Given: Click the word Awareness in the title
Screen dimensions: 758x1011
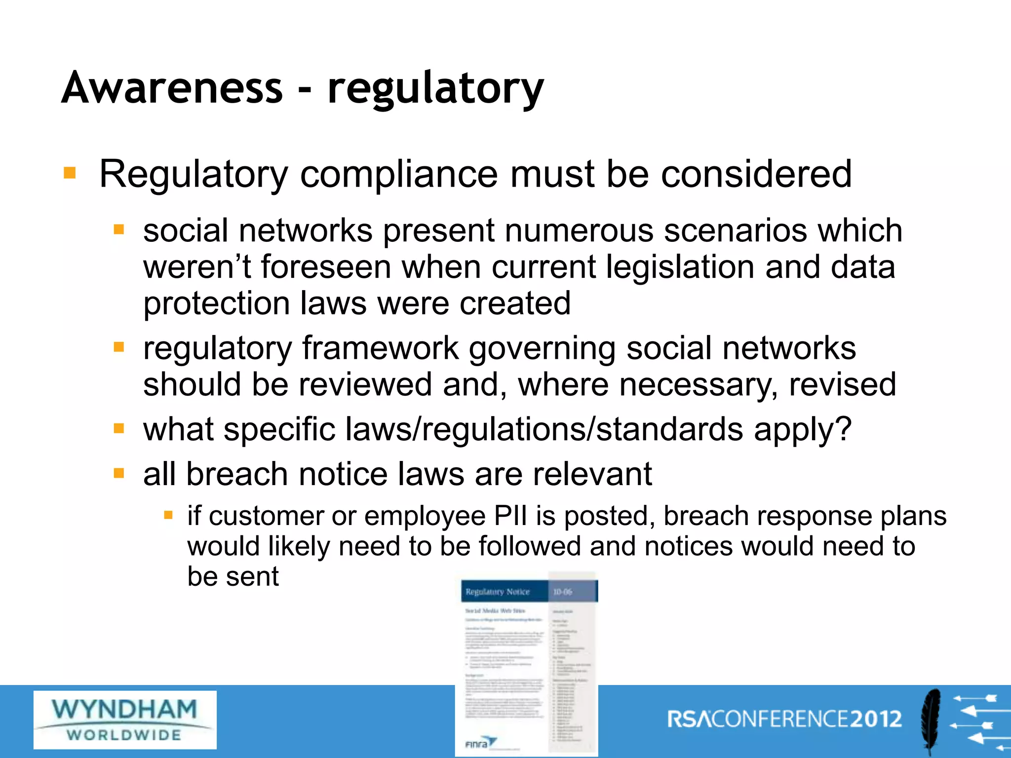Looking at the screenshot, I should click(x=172, y=87).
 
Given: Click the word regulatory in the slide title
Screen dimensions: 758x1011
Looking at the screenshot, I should click(x=435, y=89).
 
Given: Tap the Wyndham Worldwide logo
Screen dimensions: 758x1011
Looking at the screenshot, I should click(x=125, y=720).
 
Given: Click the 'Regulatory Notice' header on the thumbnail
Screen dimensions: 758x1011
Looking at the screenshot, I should click(x=498, y=592).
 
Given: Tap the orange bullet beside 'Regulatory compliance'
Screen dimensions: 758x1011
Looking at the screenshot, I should click(x=70, y=173).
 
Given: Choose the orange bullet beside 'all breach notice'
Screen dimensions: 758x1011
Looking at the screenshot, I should click(x=118, y=474).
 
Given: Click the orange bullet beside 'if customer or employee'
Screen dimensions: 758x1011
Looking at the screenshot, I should click(x=168, y=516).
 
